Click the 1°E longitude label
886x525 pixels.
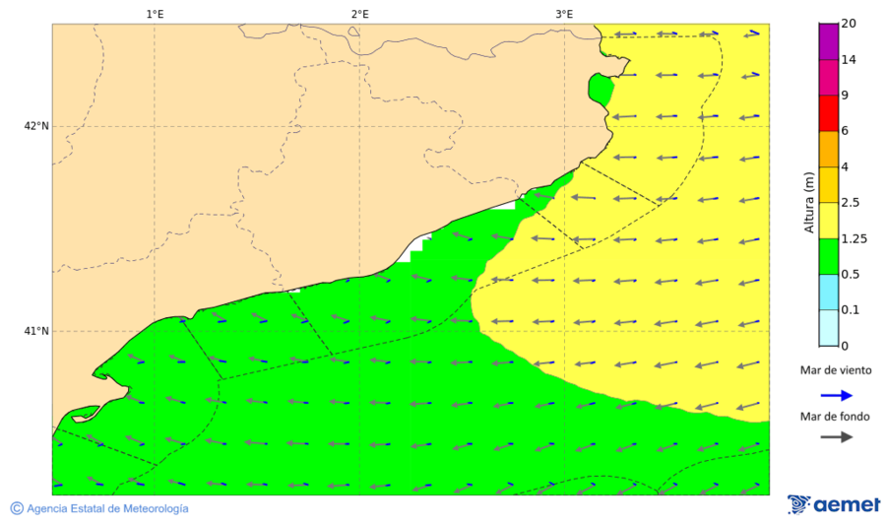(155, 14)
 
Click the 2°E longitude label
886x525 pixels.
(359, 14)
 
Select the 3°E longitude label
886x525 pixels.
(564, 14)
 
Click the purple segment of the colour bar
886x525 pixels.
(828, 41)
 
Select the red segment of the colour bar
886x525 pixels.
(828, 112)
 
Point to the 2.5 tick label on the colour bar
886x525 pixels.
(851, 203)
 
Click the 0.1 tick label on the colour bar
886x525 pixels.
(851, 310)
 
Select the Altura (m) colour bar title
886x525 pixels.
(809, 203)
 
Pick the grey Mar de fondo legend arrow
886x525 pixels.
(836, 437)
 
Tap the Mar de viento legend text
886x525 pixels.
(836, 370)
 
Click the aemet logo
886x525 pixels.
(833, 504)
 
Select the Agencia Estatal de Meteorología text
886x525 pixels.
(107, 508)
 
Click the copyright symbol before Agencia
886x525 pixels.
(17, 508)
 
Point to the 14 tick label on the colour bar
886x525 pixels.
(849, 60)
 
